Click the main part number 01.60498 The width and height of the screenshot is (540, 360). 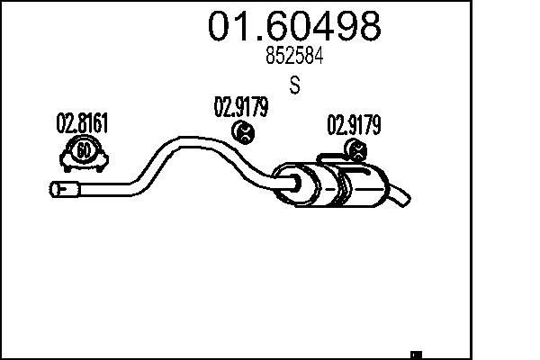tap(294, 26)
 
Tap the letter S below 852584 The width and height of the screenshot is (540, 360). tap(294, 87)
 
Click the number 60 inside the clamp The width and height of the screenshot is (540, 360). tap(83, 150)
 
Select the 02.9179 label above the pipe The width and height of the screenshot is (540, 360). tap(240, 109)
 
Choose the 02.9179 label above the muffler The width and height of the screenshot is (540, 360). tap(353, 124)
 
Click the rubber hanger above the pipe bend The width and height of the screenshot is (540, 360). tap(243, 134)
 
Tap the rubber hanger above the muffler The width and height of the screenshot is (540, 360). tap(355, 151)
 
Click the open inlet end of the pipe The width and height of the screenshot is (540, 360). tap(57, 189)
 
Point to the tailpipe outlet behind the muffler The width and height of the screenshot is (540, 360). tap(403, 194)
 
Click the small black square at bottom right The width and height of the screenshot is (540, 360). tap(416, 354)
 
